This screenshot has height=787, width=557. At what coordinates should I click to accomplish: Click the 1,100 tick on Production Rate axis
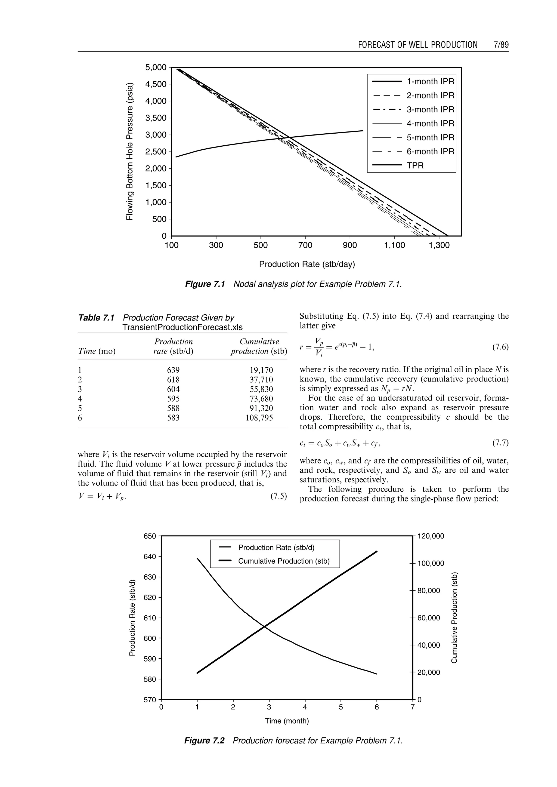pos(394,245)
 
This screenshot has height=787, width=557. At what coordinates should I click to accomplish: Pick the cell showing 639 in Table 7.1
pos(173,370)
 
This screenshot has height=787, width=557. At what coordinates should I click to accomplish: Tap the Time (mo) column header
pos(97,351)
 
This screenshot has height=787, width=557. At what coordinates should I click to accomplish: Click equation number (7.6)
pos(500,347)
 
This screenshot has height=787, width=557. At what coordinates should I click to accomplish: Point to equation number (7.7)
pos(500,443)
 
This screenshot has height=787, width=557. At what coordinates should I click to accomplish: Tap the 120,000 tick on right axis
pos(431,536)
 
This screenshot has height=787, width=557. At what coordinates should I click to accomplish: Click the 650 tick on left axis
pos(150,536)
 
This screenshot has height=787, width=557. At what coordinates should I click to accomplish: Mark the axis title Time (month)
pos(287,721)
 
